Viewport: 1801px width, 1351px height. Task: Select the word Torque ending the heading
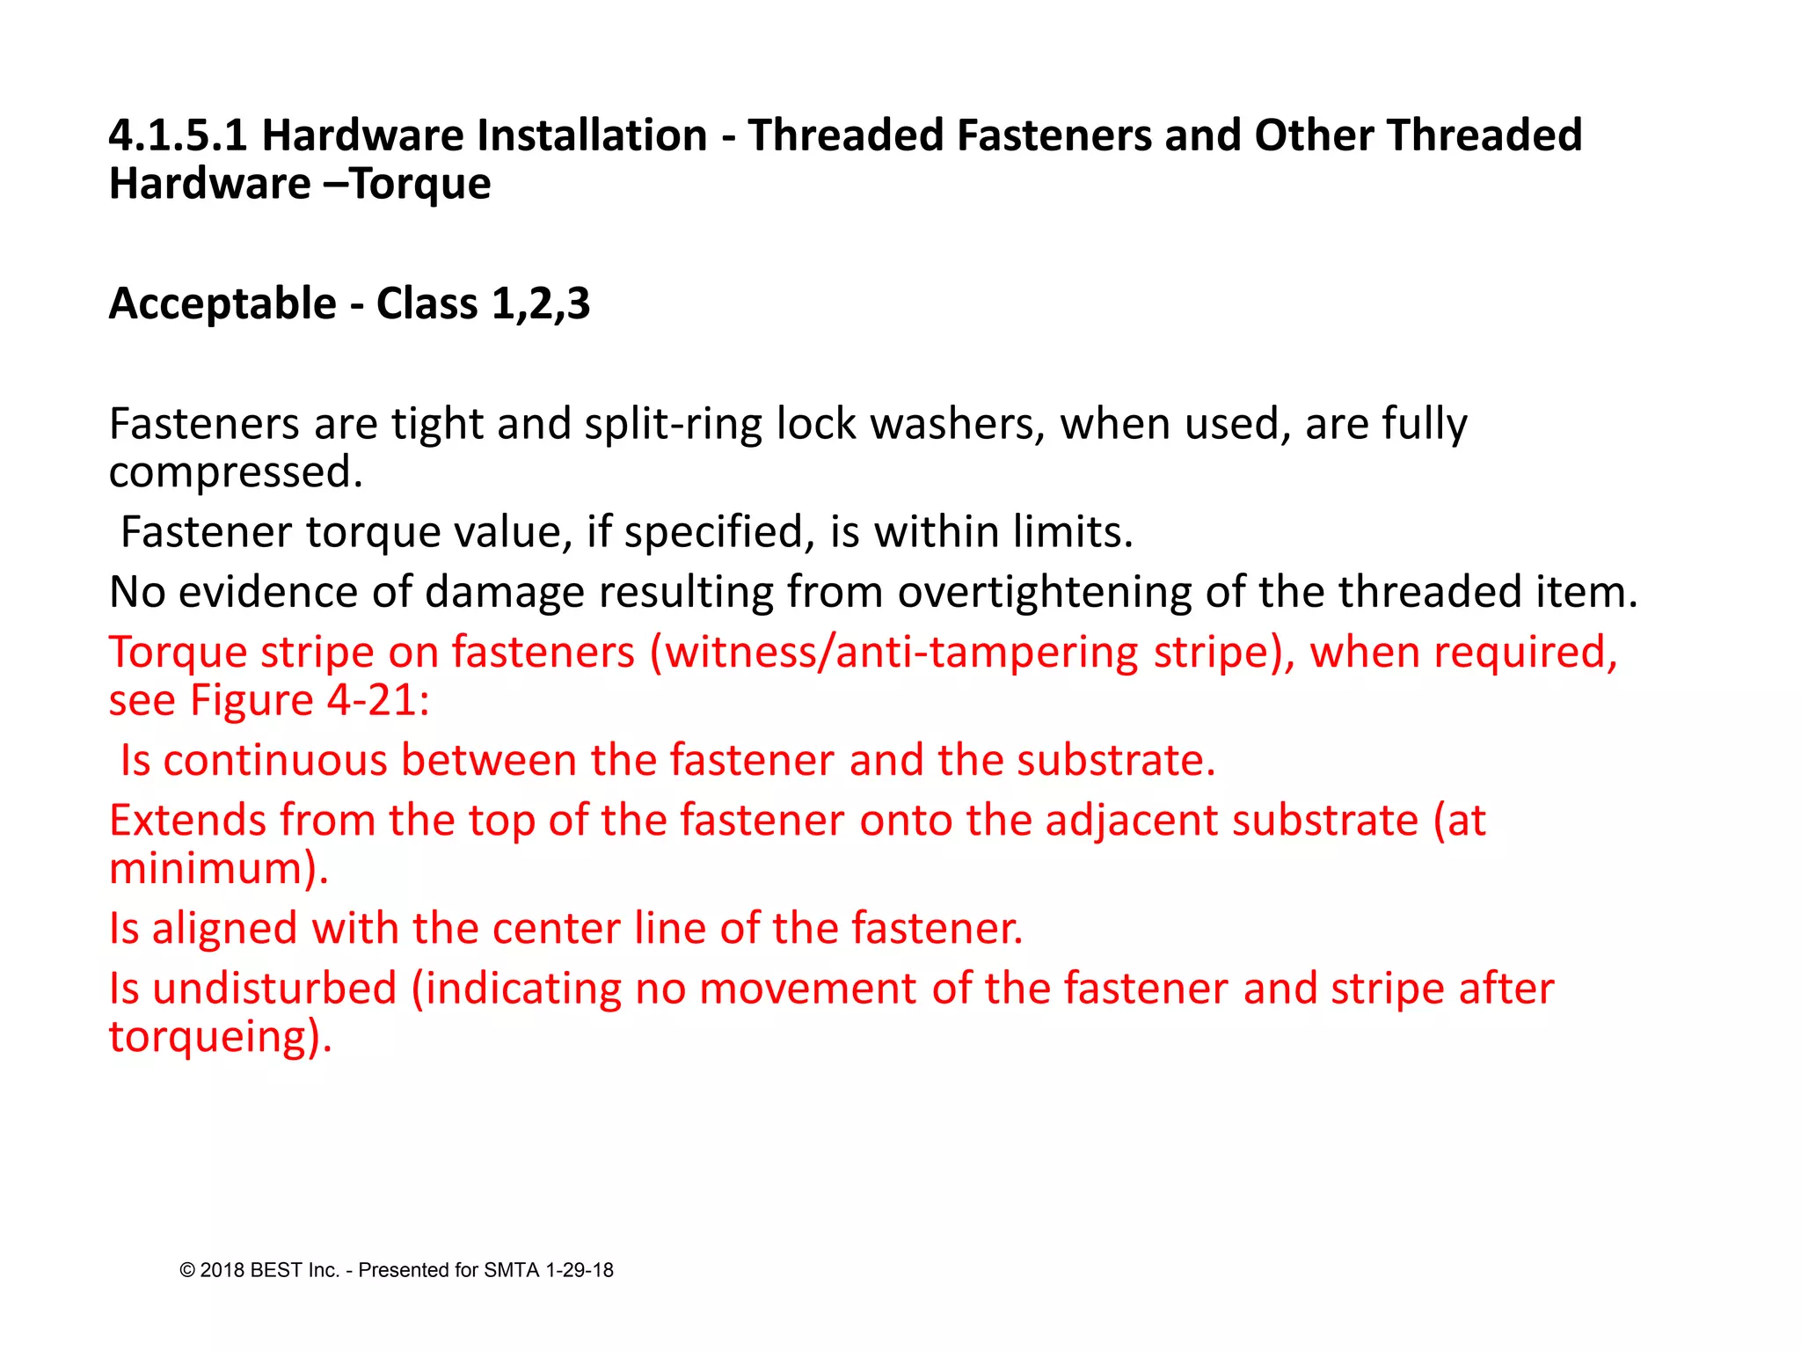coord(420,184)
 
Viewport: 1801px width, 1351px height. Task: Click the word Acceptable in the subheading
coord(222,303)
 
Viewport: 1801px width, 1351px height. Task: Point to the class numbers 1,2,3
coord(541,303)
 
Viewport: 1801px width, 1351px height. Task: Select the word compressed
coord(235,472)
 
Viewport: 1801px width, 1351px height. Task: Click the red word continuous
coord(275,760)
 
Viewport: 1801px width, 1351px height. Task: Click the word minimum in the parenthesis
coord(206,869)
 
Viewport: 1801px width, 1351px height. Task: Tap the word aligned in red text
coord(224,929)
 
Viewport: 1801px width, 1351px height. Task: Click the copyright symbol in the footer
coord(186,1270)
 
